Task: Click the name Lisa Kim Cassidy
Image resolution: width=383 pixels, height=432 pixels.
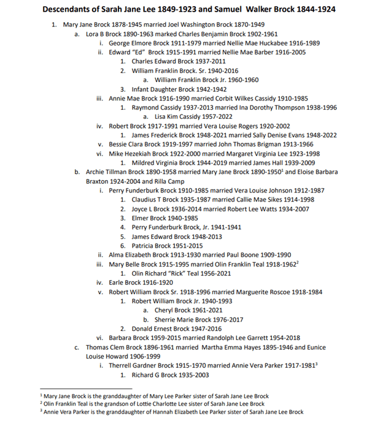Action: [179, 116]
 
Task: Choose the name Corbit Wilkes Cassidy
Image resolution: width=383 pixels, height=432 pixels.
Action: [231, 98]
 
